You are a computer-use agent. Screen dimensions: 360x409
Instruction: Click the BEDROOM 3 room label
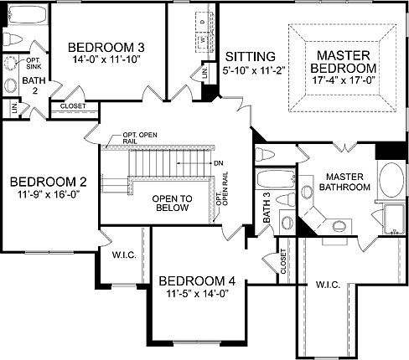click(x=100, y=47)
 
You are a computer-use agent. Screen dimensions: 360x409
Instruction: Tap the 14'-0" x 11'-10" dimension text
click(x=100, y=60)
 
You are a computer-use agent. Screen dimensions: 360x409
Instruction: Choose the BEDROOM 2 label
click(x=48, y=181)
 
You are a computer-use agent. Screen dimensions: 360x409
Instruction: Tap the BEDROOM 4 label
click(x=197, y=280)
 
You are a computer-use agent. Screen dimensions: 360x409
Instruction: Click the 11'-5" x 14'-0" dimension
click(x=197, y=294)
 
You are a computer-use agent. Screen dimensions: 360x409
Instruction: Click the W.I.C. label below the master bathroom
click(x=328, y=285)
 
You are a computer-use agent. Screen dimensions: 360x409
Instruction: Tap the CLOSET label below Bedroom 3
click(x=74, y=106)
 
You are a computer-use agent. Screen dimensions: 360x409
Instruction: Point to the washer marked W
click(x=203, y=39)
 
